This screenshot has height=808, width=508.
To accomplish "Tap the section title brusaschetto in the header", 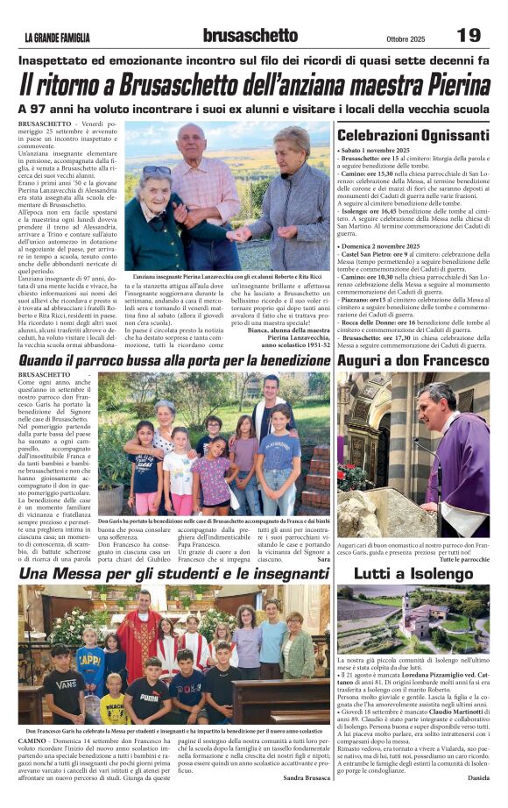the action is click(250, 35).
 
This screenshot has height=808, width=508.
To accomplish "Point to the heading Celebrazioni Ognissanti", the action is click(413, 136).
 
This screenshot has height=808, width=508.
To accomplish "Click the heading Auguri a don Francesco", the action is click(413, 360).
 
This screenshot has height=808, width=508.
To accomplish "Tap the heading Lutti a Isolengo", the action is click(413, 573).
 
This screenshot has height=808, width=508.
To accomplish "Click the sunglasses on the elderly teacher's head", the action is click(158, 170).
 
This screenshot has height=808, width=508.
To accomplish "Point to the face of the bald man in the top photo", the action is click(193, 143).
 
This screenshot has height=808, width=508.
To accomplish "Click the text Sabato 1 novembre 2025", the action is click(377, 151).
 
